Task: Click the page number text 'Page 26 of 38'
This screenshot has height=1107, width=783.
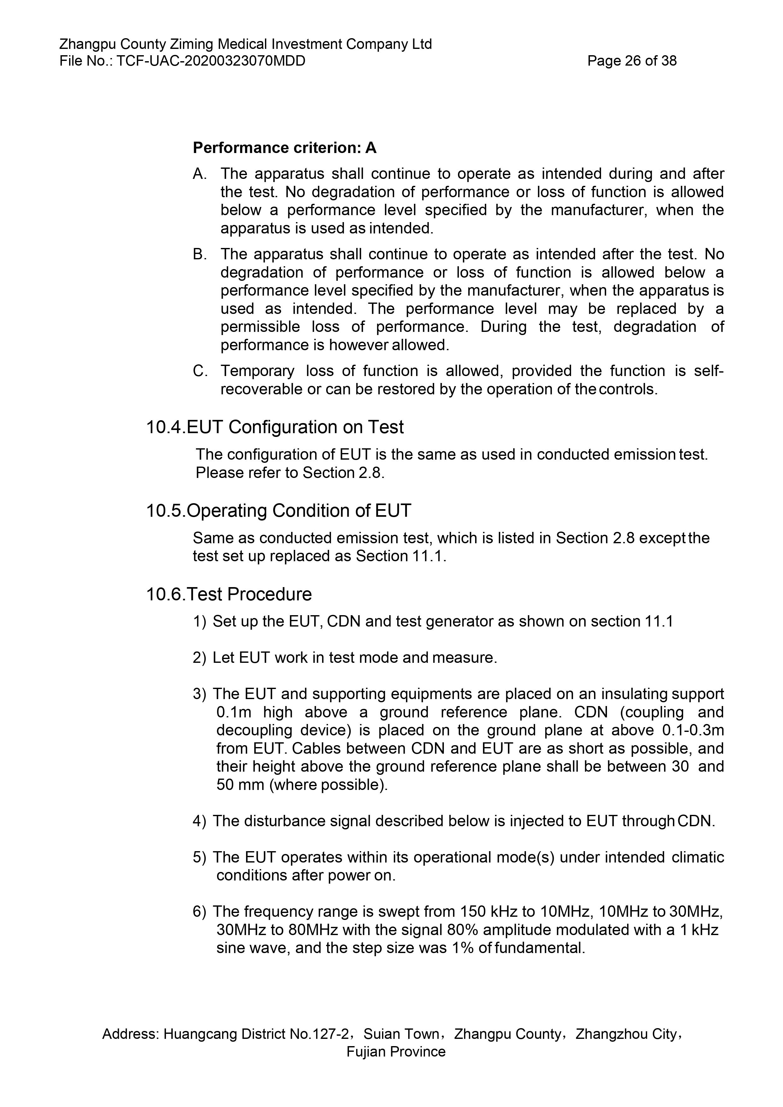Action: tap(632, 61)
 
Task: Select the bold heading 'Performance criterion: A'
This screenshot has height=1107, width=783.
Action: tap(285, 148)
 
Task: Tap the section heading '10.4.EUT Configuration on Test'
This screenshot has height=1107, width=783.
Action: tap(275, 427)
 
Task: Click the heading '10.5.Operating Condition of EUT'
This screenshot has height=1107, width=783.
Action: tap(278, 510)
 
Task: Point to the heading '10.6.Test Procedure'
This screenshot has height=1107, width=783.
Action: tap(229, 594)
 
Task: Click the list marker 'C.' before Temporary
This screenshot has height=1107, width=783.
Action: tap(200, 371)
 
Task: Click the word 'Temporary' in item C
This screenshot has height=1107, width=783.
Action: tap(257, 371)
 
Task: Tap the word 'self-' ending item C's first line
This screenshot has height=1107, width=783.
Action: tap(709, 371)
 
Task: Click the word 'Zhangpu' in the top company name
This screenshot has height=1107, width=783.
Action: tap(87, 44)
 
